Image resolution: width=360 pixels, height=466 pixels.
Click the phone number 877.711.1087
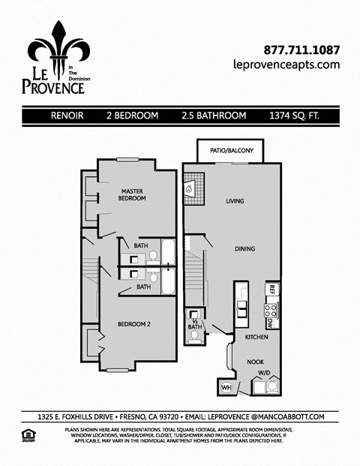coord(302,50)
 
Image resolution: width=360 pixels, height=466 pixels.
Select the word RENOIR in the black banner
coord(67,116)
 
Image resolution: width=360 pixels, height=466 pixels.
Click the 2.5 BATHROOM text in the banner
coord(214,116)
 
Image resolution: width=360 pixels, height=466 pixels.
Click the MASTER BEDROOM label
coord(132,194)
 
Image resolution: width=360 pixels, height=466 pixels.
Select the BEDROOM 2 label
coord(134,324)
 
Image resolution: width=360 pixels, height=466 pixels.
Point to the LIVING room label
coord(236,201)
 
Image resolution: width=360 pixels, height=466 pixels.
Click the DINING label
coord(244,249)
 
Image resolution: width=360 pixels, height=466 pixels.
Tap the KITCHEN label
coord(256,337)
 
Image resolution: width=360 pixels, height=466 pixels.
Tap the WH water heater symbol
coord(226,388)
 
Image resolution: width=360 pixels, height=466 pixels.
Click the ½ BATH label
coord(194,323)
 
